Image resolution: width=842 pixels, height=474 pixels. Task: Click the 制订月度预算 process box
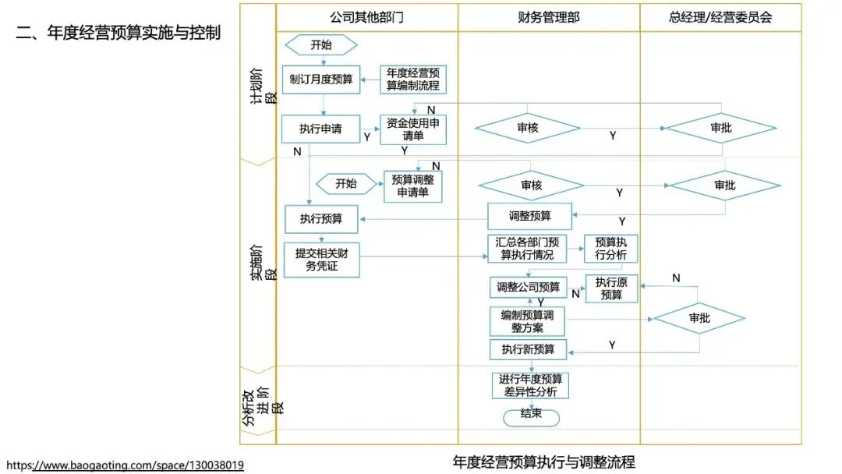(321, 80)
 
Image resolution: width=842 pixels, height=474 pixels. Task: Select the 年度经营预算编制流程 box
(413, 80)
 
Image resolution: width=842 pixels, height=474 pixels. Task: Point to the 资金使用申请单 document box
(413, 129)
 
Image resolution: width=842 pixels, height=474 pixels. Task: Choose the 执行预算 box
(321, 219)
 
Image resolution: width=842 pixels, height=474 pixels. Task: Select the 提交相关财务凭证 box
(321, 260)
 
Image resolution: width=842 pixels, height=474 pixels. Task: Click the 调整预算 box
(530, 216)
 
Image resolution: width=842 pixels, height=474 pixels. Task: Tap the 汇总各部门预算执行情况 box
(529, 248)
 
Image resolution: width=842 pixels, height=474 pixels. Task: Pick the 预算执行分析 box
(612, 248)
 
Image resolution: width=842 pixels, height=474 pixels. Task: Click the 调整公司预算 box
(529, 287)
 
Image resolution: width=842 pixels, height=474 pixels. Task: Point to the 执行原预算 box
(611, 288)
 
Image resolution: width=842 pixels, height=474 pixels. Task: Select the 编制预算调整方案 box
(528, 321)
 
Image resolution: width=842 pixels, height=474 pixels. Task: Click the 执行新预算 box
(528, 349)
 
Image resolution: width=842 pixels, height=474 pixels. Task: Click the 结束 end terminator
(531, 416)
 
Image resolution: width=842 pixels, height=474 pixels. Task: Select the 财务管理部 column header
(548, 17)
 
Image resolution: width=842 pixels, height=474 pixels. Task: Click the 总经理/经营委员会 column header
(720, 17)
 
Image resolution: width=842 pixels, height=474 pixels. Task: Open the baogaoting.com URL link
(125, 465)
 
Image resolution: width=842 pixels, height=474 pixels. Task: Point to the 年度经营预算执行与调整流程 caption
(543, 462)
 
